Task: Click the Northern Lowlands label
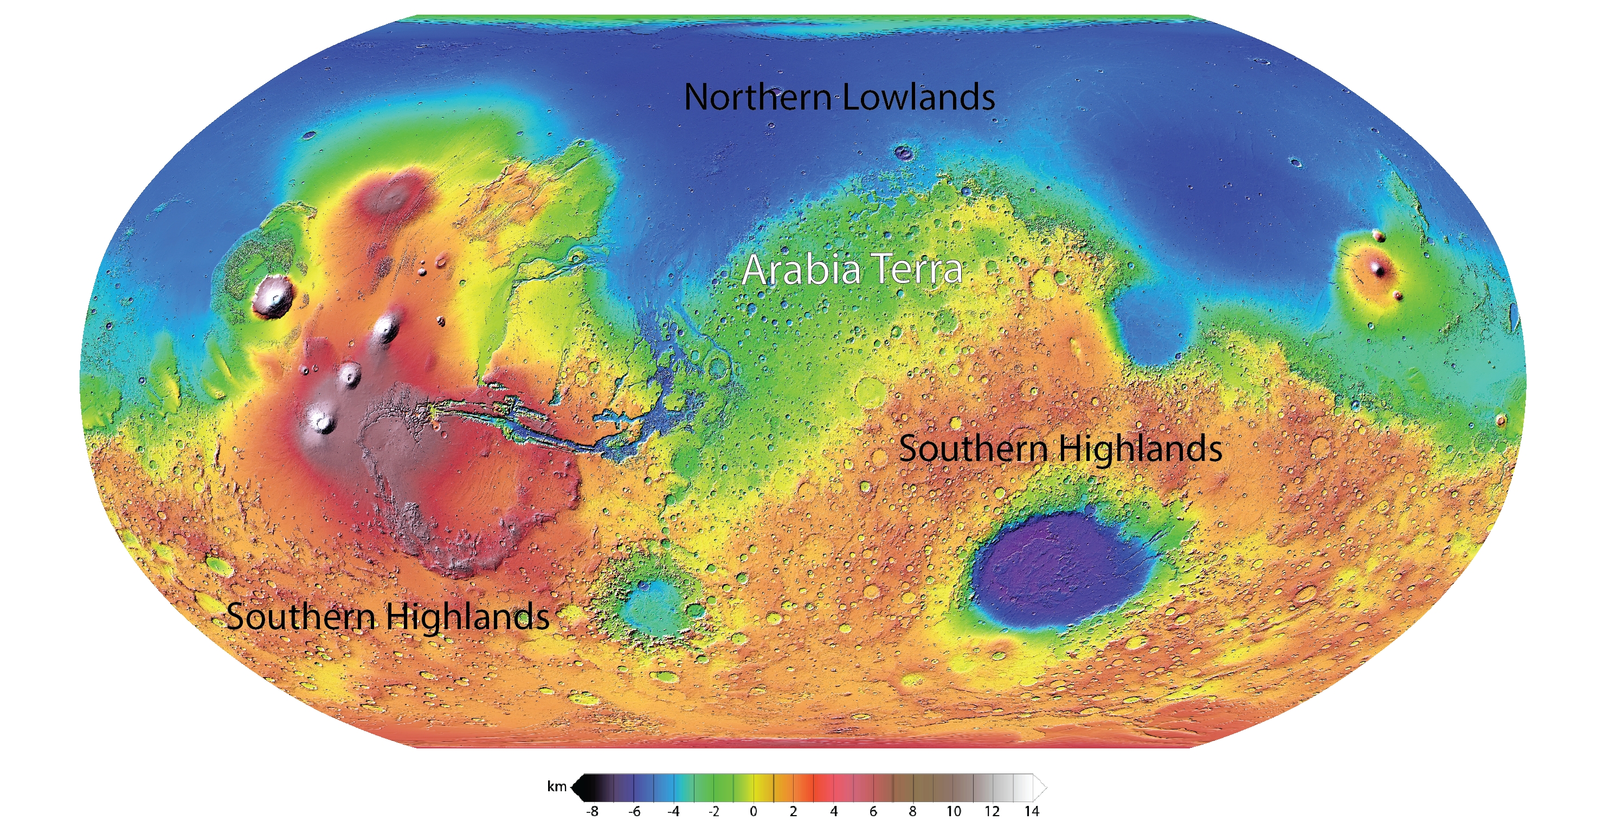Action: tap(839, 98)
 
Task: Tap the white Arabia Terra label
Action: tap(852, 270)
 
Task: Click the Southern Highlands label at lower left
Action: tap(387, 617)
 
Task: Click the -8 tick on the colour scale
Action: tap(592, 811)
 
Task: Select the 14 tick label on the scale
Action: tap(1031, 811)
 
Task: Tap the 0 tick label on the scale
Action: tap(754, 811)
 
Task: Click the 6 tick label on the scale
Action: tap(873, 811)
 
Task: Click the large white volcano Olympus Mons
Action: tap(274, 296)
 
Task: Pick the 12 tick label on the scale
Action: tap(992, 811)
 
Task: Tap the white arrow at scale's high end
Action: tap(1040, 788)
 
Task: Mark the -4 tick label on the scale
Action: tap(673, 811)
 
